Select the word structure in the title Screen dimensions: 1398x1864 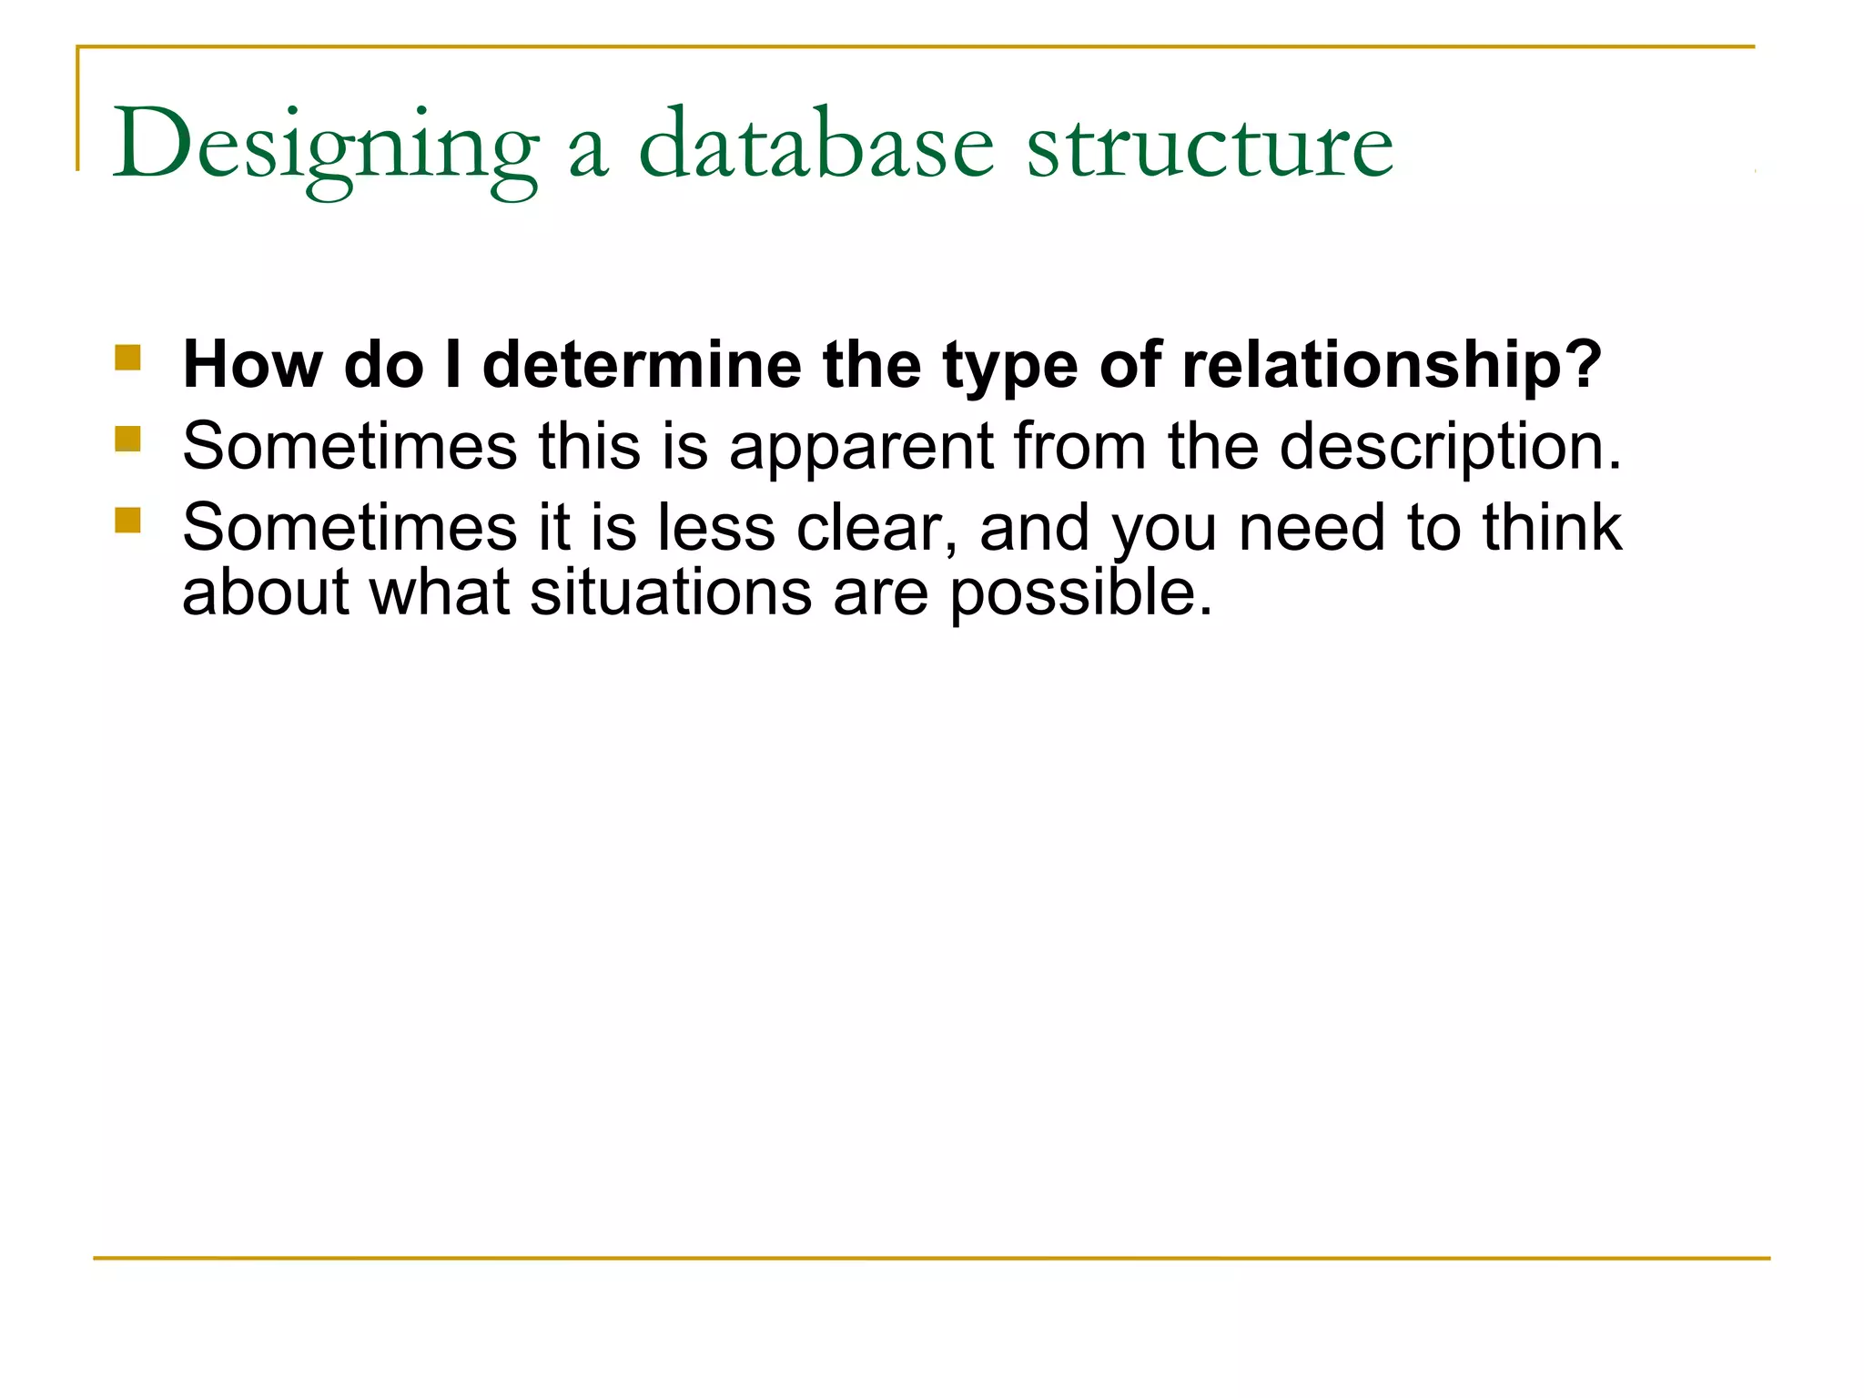(1211, 146)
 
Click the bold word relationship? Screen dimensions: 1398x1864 (1392, 365)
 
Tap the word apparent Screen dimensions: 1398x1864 (861, 447)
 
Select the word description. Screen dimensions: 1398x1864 (1450, 447)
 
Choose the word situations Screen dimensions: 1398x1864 (671, 593)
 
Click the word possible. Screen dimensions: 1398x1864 (1081, 593)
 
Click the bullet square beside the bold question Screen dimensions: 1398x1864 (128, 357)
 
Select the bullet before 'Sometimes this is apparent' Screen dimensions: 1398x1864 (128, 440)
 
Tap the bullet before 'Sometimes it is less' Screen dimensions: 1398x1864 (128, 520)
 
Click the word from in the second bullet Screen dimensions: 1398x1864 (1079, 446)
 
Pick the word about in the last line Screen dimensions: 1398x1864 (266, 593)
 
